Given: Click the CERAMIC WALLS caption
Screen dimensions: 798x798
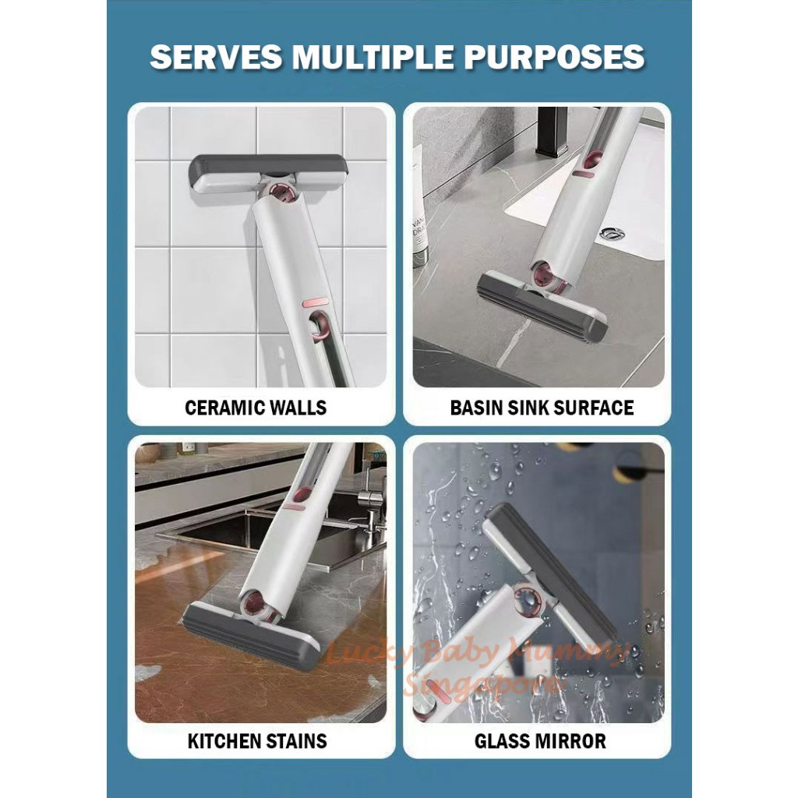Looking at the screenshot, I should pos(256,407).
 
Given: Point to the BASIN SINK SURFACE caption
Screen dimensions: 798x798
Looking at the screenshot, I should pos(542,407).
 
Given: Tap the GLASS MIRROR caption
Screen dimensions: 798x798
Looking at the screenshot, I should pos(540,740).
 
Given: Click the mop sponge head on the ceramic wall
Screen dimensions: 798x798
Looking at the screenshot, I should pos(269,173).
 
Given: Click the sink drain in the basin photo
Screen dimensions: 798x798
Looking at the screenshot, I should pos(614,231).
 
